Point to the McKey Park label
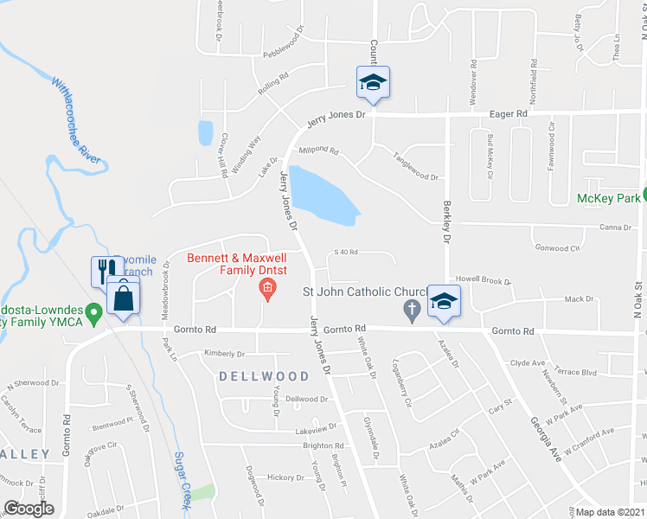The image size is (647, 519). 609,198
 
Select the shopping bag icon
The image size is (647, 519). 124,298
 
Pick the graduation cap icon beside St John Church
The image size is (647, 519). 444,300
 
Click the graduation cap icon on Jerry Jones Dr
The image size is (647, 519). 373,81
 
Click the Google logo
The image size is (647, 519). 29,509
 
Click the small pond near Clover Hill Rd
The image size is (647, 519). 205,132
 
